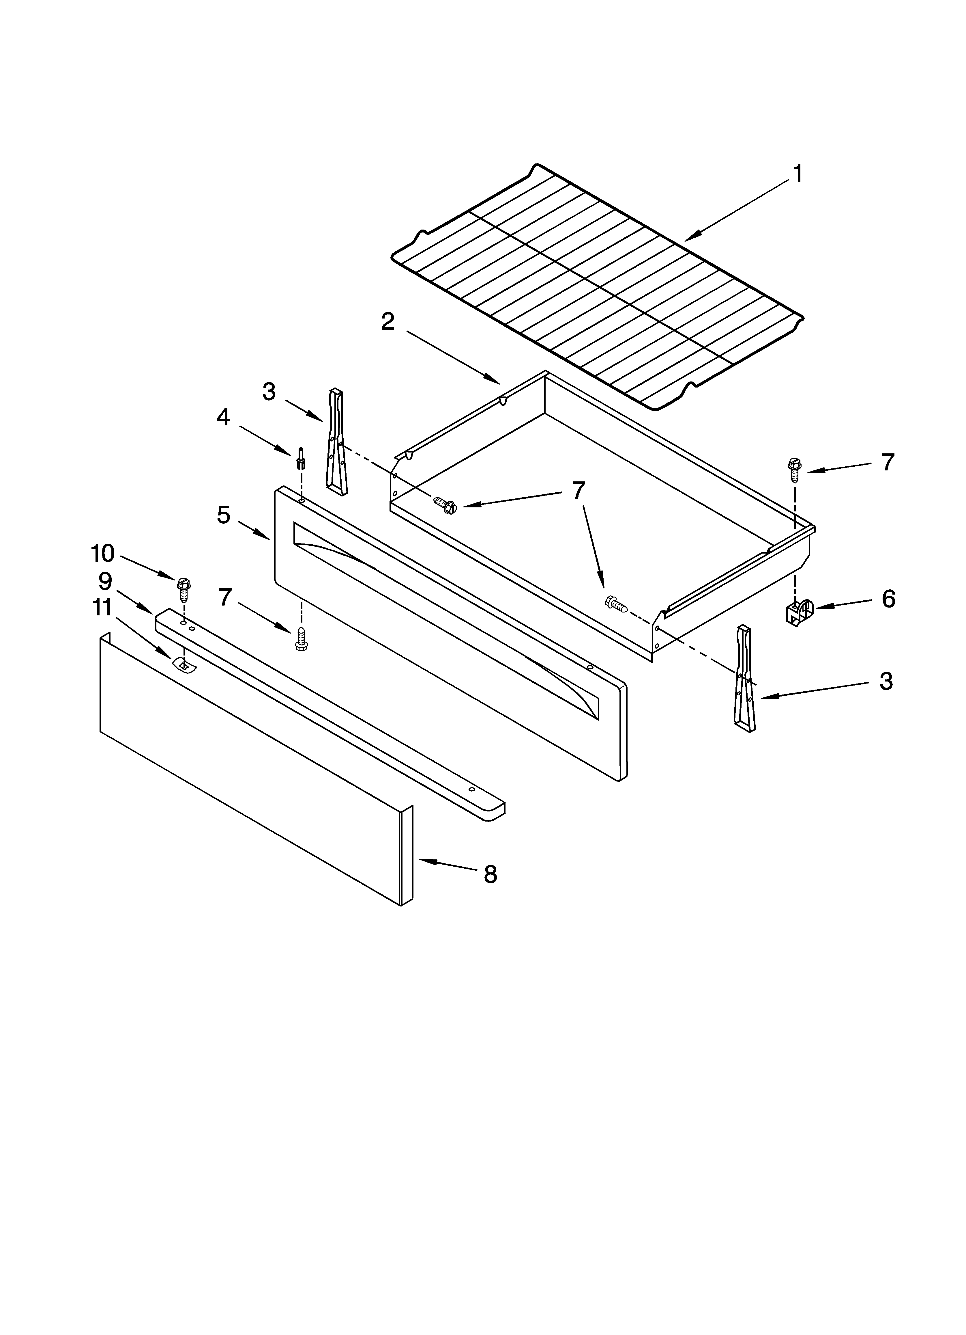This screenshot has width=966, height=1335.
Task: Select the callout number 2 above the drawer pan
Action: pyautogui.click(x=388, y=321)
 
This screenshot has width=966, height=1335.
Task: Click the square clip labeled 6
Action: pyautogui.click(x=798, y=612)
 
